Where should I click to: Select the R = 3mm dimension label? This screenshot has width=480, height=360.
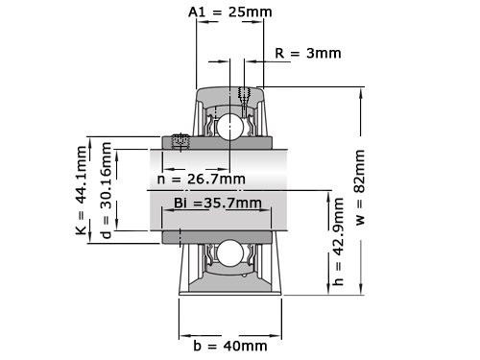[307, 53]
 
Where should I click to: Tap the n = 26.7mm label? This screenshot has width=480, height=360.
[201, 179]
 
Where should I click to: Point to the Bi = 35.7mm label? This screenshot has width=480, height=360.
[217, 203]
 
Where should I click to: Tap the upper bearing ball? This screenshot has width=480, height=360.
[229, 126]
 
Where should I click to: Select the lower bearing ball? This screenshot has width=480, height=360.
[229, 252]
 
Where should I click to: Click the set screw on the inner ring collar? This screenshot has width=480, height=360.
[179, 141]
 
